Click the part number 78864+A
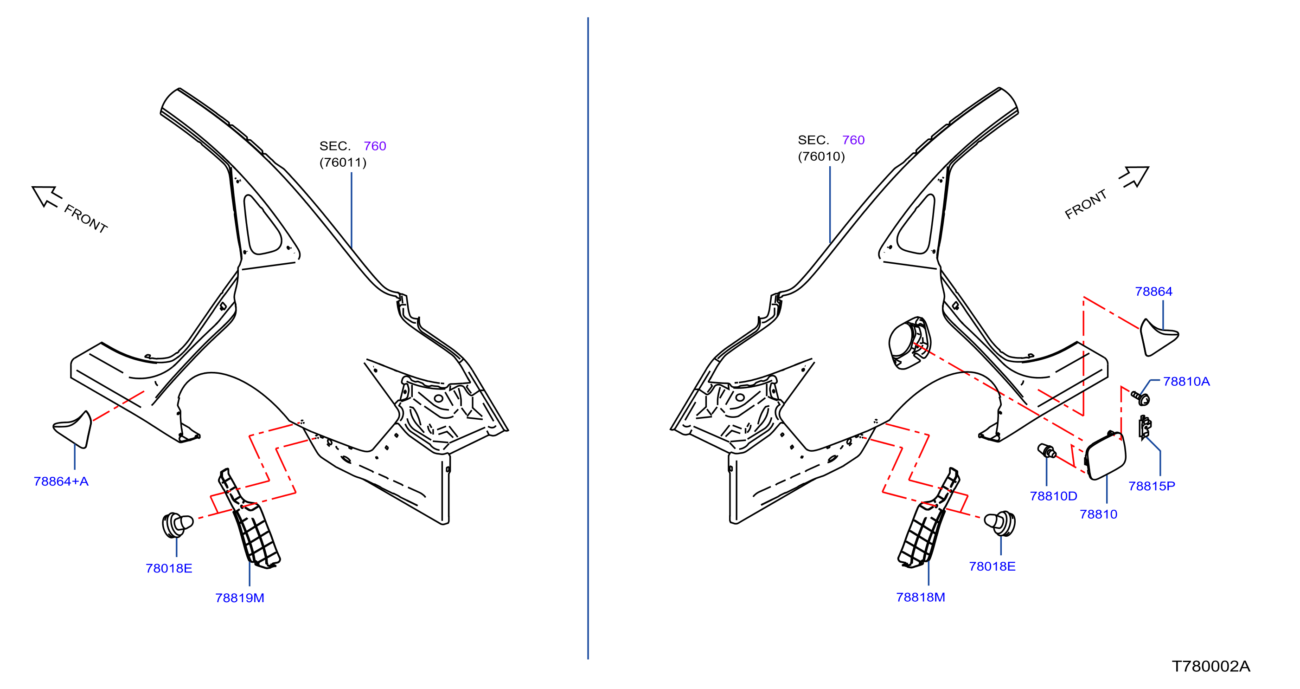tap(61, 481)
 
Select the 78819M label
tap(240, 598)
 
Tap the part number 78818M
tap(921, 598)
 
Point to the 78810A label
tap(1186, 382)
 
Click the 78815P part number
tap(1152, 487)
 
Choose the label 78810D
tap(1054, 496)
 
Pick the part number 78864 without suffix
tap(1153, 292)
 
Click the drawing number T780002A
tap(1210, 667)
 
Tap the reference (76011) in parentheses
tap(343, 162)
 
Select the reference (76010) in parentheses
tap(821, 156)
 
